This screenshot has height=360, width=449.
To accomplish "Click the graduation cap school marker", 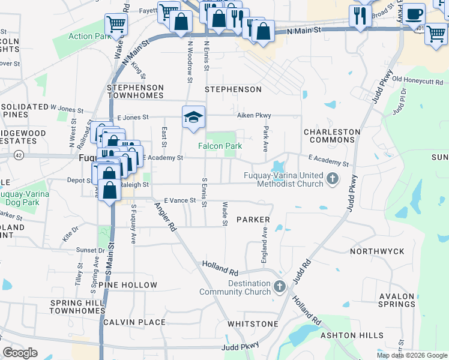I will pos(194,116).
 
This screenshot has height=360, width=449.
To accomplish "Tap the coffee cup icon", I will pos(414,14).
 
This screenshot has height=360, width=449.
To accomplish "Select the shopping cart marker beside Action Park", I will pos(116,25).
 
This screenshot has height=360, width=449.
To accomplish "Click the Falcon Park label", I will pos(220,146).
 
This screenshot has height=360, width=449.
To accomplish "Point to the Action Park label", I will pos(89,36).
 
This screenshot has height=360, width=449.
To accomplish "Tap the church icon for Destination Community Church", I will pos(279,287).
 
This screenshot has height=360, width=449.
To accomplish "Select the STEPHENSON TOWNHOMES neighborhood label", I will pos(135,91).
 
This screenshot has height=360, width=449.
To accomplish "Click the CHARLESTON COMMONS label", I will pos(332,136).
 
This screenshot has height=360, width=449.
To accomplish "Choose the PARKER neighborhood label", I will pos(253,220).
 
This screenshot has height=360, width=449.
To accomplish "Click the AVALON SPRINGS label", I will pos(397,300).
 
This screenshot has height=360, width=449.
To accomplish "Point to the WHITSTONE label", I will pos(253,324).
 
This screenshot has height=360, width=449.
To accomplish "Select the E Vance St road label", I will pos(181,200).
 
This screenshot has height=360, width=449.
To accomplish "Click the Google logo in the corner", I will pos(20,352).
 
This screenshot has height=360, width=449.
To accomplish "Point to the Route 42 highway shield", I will pos(19,156).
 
